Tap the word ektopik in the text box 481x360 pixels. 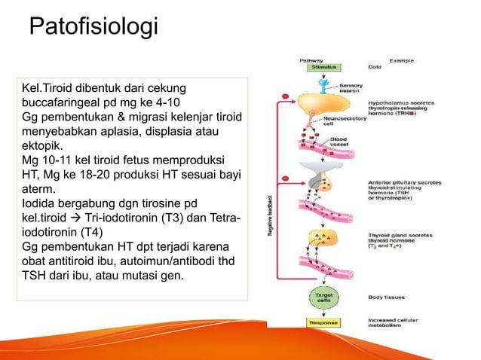click(x=44, y=145)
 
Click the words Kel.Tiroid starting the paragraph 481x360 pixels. click(x=52, y=90)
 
